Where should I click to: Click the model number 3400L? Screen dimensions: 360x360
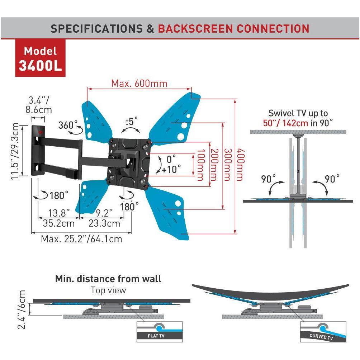click(40, 66)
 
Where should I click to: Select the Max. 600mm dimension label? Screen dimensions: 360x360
click(139, 83)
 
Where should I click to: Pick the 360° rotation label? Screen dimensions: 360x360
click(68, 125)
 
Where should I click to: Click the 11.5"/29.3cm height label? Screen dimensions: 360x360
click(15, 151)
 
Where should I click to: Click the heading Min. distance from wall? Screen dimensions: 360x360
click(108, 279)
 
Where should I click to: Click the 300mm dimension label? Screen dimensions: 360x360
click(227, 165)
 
